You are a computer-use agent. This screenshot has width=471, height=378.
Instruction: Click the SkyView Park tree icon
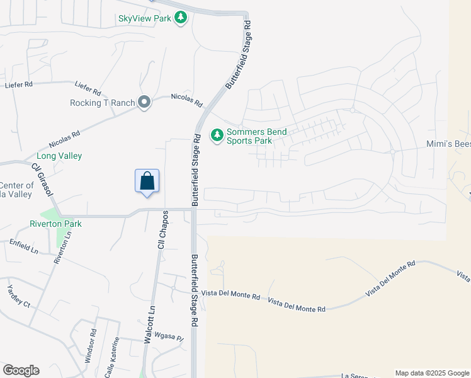181,18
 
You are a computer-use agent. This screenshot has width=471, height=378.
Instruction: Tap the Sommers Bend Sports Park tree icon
217,135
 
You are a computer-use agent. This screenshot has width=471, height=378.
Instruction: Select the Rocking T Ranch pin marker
144,103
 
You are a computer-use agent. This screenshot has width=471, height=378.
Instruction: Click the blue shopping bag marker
147,181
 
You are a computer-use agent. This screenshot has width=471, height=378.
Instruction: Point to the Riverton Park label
55,224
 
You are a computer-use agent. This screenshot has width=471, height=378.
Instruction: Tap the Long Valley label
59,156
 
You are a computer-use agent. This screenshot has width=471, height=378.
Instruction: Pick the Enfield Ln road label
23,246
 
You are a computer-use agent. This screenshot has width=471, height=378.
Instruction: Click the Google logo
21,370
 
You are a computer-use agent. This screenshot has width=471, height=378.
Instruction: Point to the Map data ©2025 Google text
431,373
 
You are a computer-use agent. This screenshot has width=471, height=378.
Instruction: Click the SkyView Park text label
145,18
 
